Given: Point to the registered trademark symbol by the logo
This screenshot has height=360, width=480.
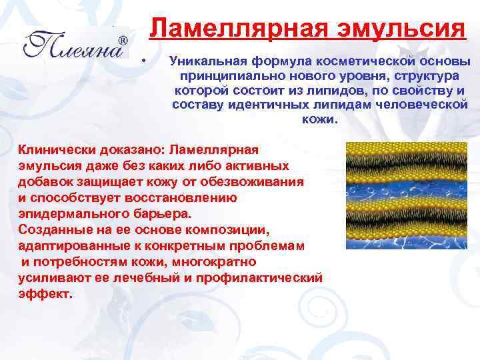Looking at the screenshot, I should click(x=123, y=41).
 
